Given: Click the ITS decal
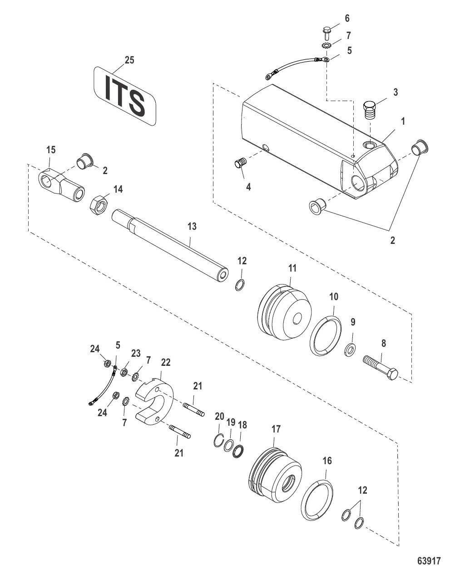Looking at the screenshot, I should pyautogui.click(x=125, y=96).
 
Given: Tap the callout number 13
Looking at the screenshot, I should pyautogui.click(x=193, y=226).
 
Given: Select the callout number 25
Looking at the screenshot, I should pyautogui.click(x=129, y=60).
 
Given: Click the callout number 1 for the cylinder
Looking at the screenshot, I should pyautogui.click(x=403, y=121).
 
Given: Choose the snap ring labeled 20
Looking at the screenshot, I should pyautogui.click(x=219, y=440).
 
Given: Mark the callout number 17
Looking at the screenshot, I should pyautogui.click(x=277, y=429).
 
